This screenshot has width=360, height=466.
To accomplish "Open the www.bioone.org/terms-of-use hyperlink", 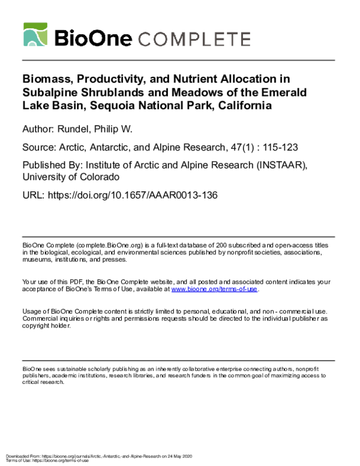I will tap(214, 288).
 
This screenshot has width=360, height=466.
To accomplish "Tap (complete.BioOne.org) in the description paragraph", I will tap(86, 246).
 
